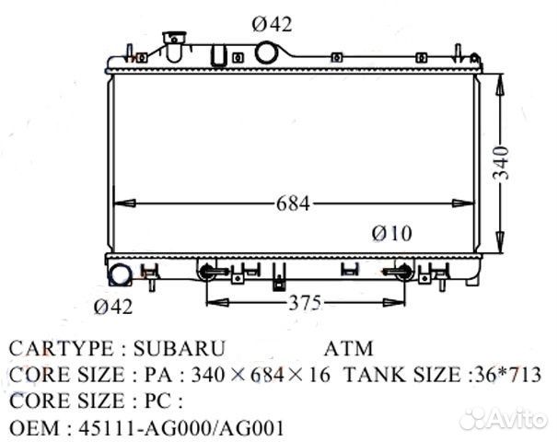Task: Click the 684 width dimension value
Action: point(292,204)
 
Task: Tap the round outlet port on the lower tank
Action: point(121,276)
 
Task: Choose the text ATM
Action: point(349,350)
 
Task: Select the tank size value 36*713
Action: point(503,376)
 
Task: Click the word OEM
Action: point(30,428)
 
